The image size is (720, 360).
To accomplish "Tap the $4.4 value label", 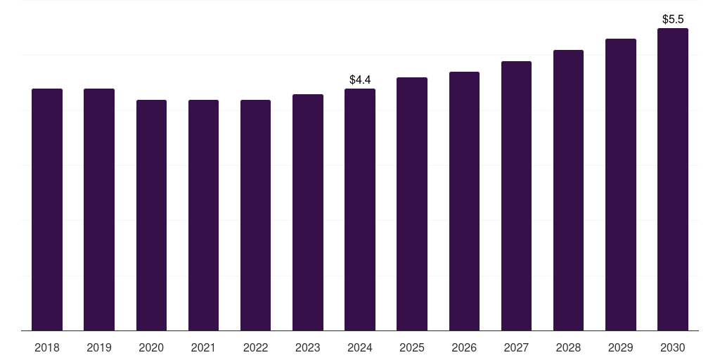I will tap(360, 80).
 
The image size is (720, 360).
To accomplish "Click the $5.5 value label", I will tap(673, 20).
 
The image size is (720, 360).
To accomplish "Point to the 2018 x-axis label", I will tap(47, 347).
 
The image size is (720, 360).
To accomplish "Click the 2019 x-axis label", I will tap(99, 347).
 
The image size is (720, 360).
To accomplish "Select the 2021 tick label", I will tap(203, 347).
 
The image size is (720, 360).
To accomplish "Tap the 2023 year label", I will tap(308, 347).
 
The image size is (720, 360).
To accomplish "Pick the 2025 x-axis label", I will tap(412, 347).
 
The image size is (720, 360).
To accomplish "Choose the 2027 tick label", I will tap(516, 347).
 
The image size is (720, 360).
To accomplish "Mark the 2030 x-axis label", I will tap(672, 347).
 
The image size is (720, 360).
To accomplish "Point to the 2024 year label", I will tap(360, 347).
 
